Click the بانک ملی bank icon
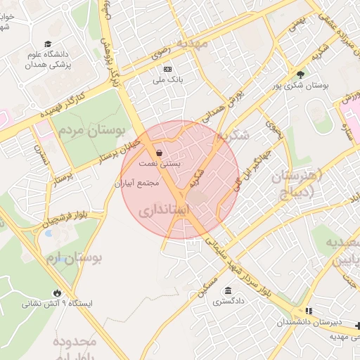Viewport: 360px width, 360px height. coord(167,69)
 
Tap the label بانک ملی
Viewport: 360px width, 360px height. coord(167,80)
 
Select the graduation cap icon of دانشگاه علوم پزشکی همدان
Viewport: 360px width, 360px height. coord(47,44)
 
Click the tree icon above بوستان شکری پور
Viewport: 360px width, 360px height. coord(301,73)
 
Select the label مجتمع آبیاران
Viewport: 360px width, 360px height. coord(138,183)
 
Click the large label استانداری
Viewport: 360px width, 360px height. coord(164,210)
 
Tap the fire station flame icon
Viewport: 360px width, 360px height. coord(56,292)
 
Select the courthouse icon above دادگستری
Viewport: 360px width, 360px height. coord(228,290)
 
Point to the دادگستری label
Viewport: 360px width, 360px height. coord(229,301)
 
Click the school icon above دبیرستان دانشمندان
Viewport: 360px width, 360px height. coord(307,311)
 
